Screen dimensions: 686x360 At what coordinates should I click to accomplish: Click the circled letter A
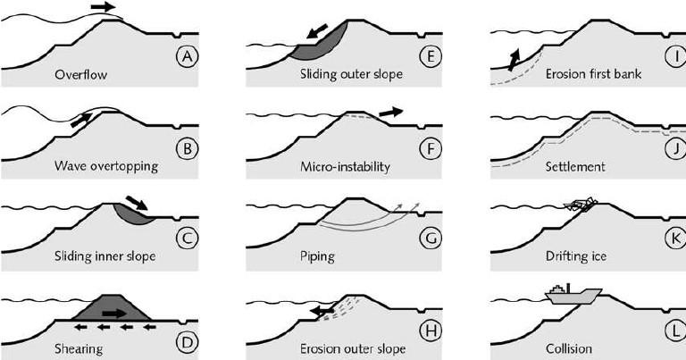(x=188, y=56)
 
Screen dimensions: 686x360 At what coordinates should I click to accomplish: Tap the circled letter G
(x=431, y=239)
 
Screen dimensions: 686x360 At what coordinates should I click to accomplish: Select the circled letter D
(x=188, y=342)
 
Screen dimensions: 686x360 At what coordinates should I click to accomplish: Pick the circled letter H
(x=431, y=331)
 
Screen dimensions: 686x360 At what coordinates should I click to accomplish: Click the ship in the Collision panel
(x=573, y=296)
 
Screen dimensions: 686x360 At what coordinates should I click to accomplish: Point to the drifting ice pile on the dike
(x=581, y=204)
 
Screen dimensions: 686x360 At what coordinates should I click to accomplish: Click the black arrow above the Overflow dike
(x=104, y=6)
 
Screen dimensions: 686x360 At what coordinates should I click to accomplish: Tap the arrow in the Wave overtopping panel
(x=81, y=120)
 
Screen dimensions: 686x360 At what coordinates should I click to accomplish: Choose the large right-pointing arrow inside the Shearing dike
(x=113, y=314)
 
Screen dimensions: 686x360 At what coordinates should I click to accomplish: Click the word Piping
(x=317, y=255)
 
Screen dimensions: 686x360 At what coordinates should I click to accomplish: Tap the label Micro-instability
(x=345, y=166)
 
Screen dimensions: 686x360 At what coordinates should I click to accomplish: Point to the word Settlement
(x=575, y=166)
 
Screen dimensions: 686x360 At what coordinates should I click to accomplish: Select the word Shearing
(x=79, y=348)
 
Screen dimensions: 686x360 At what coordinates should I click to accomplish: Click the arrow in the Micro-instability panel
(x=390, y=113)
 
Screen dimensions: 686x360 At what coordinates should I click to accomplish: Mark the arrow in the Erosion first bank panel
(x=514, y=60)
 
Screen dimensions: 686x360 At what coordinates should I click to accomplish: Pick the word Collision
(x=569, y=348)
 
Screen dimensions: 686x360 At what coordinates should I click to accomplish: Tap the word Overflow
(x=81, y=74)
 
